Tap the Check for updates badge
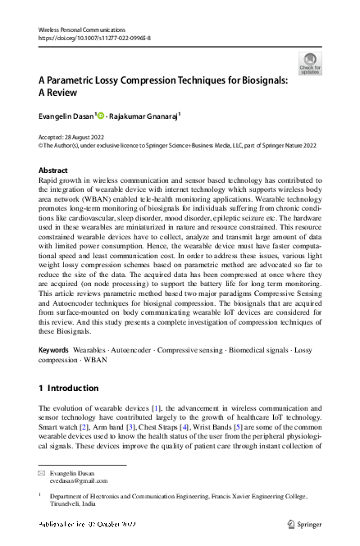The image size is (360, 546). [310, 63]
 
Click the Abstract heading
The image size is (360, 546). [53, 170]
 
